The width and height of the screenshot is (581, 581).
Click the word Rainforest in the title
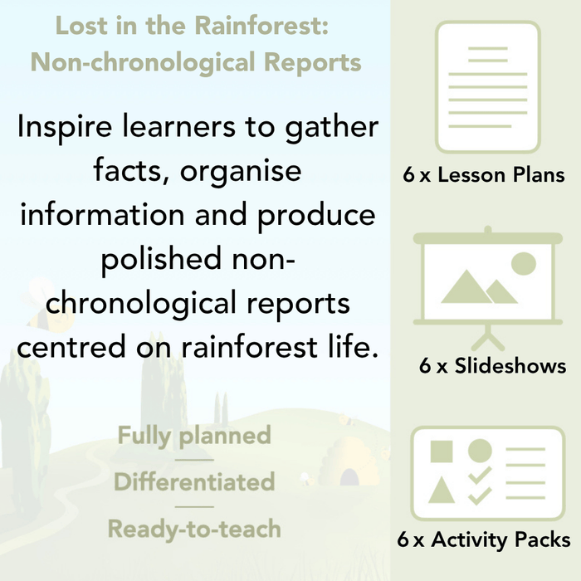[x=261, y=26]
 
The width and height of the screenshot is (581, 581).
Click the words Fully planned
[x=194, y=435]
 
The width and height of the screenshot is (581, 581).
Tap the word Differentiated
[x=194, y=481]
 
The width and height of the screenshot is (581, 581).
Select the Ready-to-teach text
[x=194, y=528]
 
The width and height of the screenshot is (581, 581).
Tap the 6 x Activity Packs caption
[x=484, y=540]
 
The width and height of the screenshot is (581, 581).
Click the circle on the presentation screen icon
[x=524, y=264]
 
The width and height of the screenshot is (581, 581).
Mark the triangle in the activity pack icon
[x=442, y=491]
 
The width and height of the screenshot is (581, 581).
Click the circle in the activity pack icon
[x=480, y=451]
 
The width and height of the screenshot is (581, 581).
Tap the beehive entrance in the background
[x=350, y=476]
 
